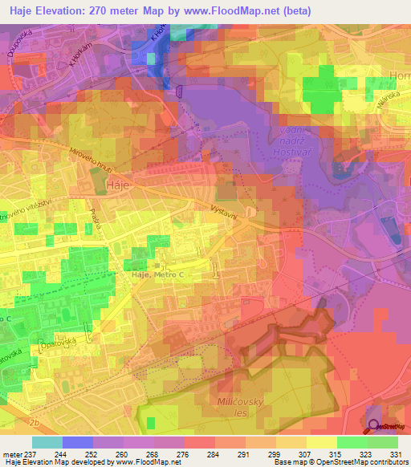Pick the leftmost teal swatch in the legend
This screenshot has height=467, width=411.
click(47, 442)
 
